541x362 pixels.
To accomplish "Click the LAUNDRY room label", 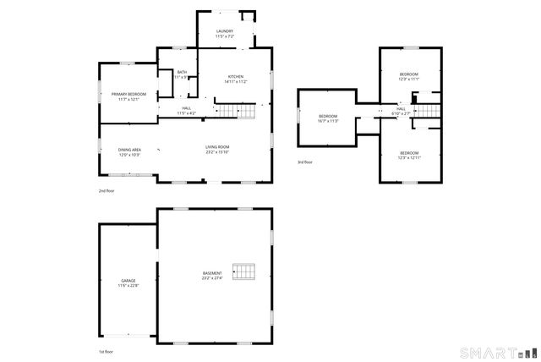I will pyautogui.click(x=224, y=31).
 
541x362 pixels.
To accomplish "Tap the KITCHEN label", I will pyautogui.click(x=235, y=77).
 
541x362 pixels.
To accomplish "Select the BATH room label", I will pyautogui.click(x=182, y=73).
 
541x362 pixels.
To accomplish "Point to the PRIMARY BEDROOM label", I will pyautogui.click(x=128, y=94).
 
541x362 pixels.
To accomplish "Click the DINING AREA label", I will pyautogui.click(x=128, y=150).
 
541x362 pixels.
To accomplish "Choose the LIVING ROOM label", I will pyautogui.click(x=217, y=148).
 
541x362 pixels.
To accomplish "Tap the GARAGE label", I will pyautogui.click(x=128, y=280).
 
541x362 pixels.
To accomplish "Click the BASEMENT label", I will pyautogui.click(x=212, y=272).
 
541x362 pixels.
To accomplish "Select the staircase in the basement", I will pyautogui.click(x=243, y=271).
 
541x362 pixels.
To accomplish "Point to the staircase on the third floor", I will pyautogui.click(x=429, y=110).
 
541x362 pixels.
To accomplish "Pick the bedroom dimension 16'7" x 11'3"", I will pyautogui.click(x=328, y=121).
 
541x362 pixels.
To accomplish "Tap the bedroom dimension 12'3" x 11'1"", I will pyautogui.click(x=409, y=80).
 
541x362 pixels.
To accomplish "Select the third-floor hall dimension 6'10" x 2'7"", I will pyautogui.click(x=401, y=113).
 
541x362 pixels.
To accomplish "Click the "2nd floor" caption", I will pyautogui.click(x=106, y=191).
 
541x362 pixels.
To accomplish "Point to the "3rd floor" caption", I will pyautogui.click(x=304, y=162).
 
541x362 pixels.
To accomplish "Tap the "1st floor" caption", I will pyautogui.click(x=105, y=351).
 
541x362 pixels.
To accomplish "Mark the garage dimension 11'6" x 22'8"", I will pyautogui.click(x=128, y=286).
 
